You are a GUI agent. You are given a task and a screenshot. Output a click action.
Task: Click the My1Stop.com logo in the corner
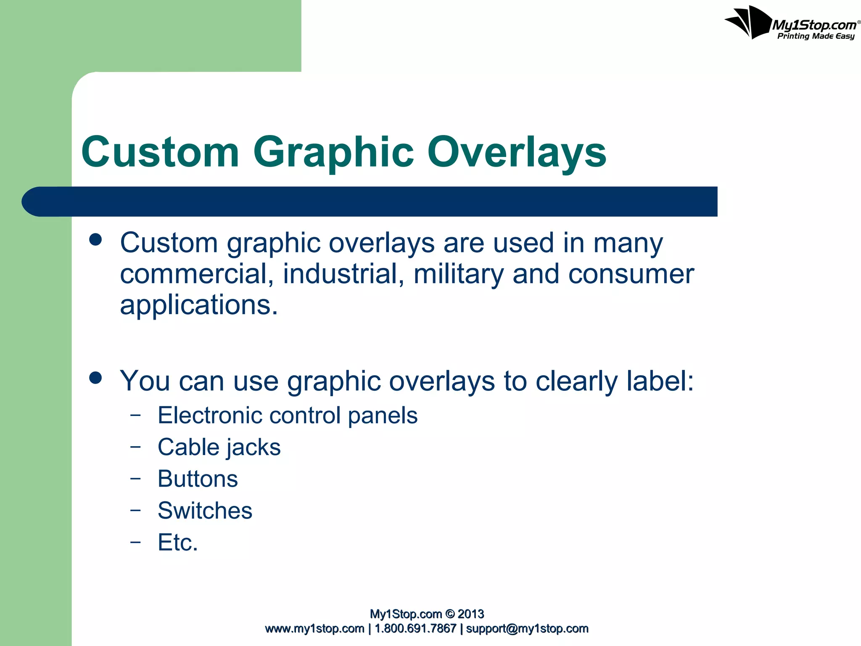[x=790, y=23]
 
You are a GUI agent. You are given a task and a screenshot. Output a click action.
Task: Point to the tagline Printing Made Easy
[x=816, y=36]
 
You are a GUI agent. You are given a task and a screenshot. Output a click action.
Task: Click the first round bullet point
[x=96, y=240]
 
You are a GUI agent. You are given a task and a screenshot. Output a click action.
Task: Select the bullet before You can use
[x=96, y=378]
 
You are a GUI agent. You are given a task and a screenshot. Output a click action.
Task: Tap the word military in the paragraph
[x=459, y=274]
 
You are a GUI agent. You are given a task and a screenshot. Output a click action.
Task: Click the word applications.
[x=199, y=305]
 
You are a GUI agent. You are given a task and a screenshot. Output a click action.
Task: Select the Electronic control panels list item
[x=288, y=416]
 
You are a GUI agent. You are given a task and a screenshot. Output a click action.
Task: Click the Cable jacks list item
[x=219, y=447]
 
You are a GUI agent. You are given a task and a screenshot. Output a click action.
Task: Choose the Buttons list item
[x=198, y=479]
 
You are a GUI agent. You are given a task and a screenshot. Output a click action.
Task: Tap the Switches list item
[x=205, y=511]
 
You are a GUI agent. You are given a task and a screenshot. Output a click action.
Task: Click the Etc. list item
[x=177, y=542]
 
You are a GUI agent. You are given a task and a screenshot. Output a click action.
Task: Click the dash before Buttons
[x=135, y=478]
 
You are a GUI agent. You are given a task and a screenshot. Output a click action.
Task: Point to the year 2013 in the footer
[x=470, y=614]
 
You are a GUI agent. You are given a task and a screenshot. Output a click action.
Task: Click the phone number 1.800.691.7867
[x=415, y=629]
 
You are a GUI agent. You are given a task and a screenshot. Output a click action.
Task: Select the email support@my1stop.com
[x=527, y=629]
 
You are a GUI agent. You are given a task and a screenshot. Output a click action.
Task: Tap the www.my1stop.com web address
[x=314, y=629]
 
